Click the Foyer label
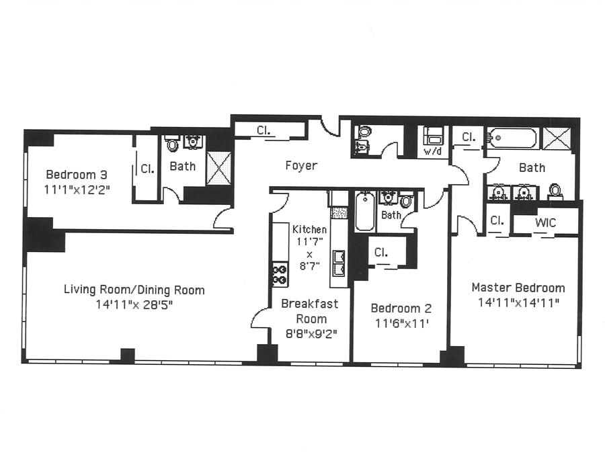click(x=301, y=166)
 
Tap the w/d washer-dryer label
click(x=432, y=151)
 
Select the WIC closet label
click(x=546, y=222)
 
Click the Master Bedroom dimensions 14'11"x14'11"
click(x=518, y=303)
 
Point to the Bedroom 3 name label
click(x=77, y=175)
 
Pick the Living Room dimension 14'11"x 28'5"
click(x=134, y=305)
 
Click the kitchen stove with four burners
click(x=280, y=274)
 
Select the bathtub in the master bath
click(x=512, y=138)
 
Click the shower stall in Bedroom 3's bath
click(x=218, y=168)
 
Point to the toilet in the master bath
click(x=555, y=192)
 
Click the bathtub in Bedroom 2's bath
click(x=365, y=211)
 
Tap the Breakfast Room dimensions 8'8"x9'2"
click(x=311, y=333)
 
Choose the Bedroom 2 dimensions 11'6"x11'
click(x=402, y=323)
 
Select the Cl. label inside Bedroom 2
click(x=381, y=252)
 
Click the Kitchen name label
click(x=309, y=229)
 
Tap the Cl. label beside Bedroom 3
click(x=147, y=169)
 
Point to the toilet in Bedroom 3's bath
click(x=172, y=143)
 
